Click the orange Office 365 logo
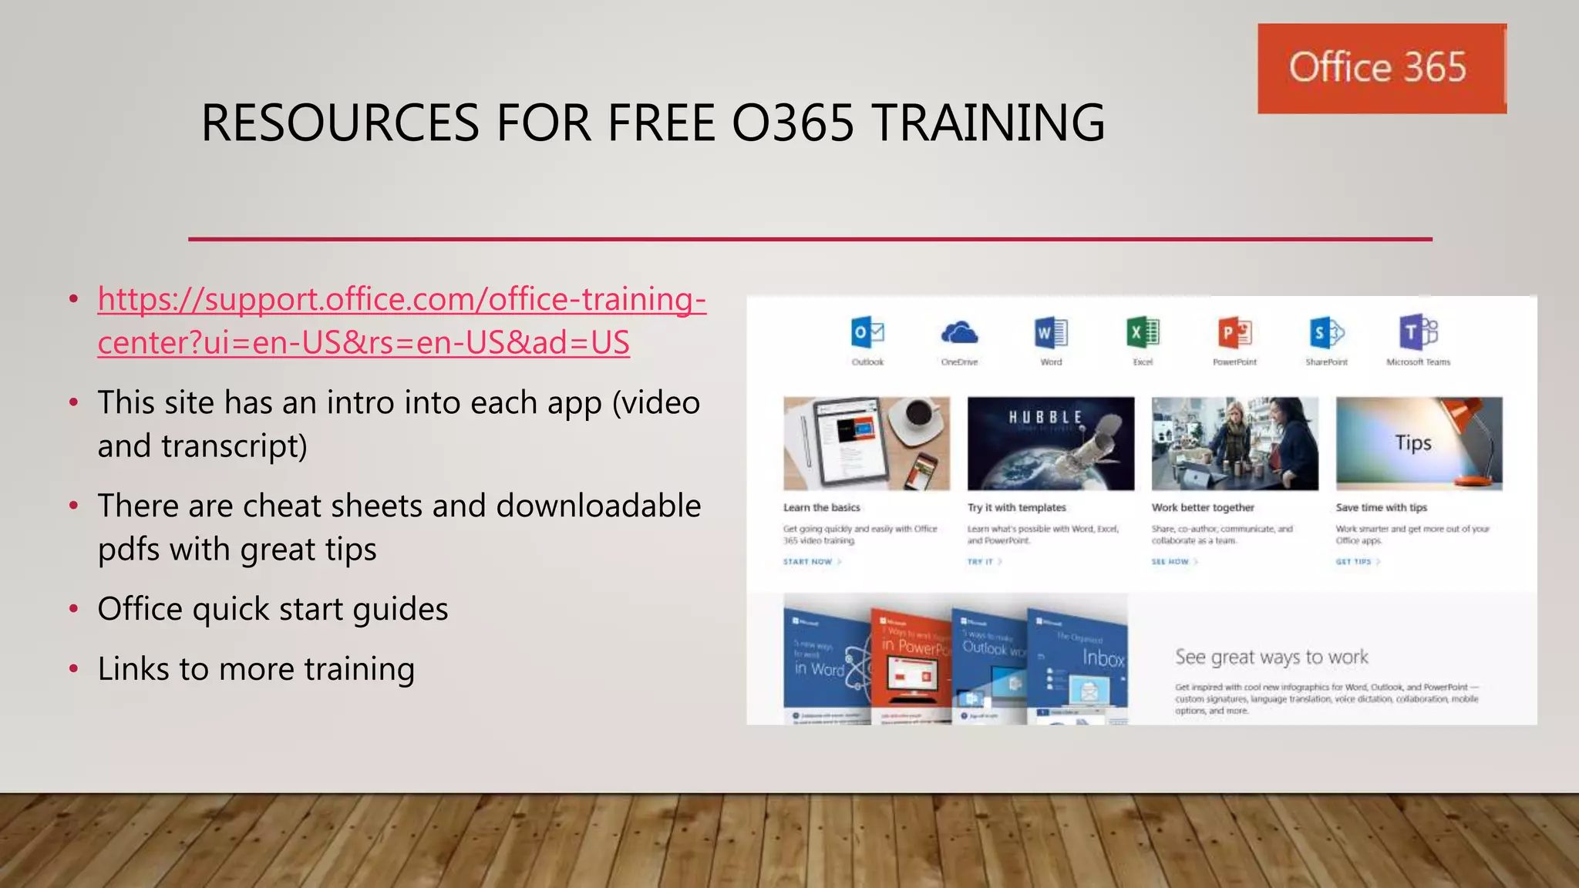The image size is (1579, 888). pyautogui.click(x=1381, y=69)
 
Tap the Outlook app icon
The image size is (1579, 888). pyautogui.click(x=867, y=333)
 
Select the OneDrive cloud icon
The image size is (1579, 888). pyautogui.click(x=959, y=333)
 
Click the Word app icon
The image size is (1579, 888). pyautogui.click(x=1051, y=333)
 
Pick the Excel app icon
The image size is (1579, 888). pyautogui.click(x=1143, y=333)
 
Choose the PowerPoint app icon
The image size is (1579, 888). pyautogui.click(x=1234, y=333)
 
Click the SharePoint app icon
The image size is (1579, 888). pyautogui.click(x=1326, y=333)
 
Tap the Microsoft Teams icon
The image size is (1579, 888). pyautogui.click(x=1418, y=333)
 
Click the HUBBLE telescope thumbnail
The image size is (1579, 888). pyautogui.click(x=1051, y=443)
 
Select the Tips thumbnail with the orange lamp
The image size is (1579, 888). pyautogui.click(x=1419, y=443)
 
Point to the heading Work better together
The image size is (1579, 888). pyautogui.click(x=1203, y=507)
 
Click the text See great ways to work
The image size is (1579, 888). pyautogui.click(x=1271, y=658)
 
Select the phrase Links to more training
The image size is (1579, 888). pyautogui.click(x=256, y=669)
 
